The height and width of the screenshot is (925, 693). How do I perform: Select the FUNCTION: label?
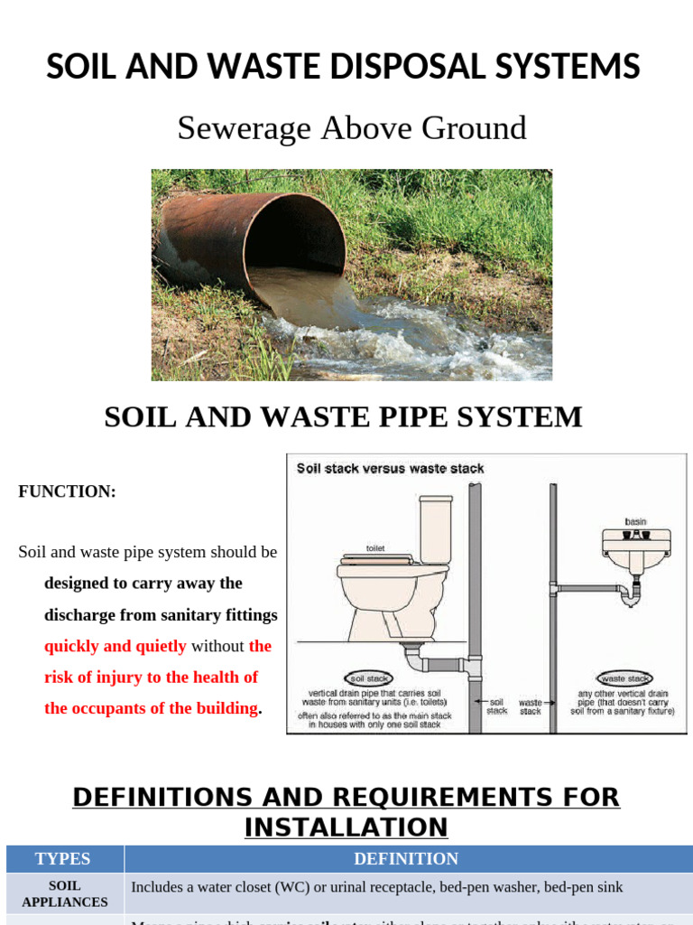pyautogui.click(x=67, y=491)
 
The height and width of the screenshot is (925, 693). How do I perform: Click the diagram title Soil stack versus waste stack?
pyautogui.click(x=391, y=469)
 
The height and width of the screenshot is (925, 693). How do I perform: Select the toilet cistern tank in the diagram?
pyautogui.click(x=436, y=529)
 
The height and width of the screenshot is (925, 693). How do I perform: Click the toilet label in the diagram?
pyautogui.click(x=375, y=548)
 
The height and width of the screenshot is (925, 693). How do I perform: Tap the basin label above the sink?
pyautogui.click(x=635, y=521)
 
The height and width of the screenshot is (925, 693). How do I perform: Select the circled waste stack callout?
pyautogui.click(x=625, y=677)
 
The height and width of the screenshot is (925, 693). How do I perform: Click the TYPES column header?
pyautogui.click(x=63, y=859)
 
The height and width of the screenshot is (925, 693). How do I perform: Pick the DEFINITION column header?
pyautogui.click(x=406, y=859)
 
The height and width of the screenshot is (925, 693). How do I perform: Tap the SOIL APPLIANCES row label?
pyautogui.click(x=65, y=893)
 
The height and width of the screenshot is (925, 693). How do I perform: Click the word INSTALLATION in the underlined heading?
pyautogui.click(x=346, y=827)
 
